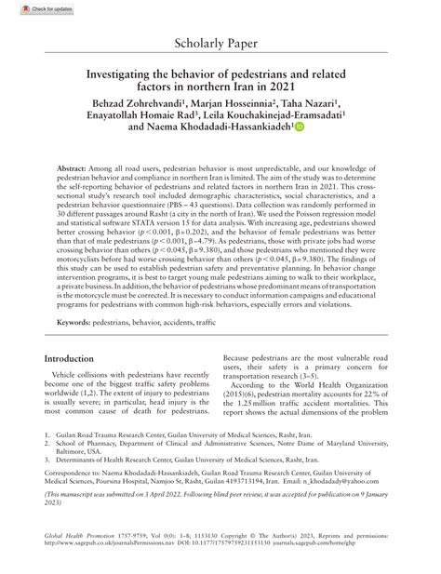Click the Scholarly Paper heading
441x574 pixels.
click(x=220, y=45)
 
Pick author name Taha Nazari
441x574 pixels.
click(x=310, y=99)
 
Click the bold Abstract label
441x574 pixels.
click(x=75, y=160)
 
